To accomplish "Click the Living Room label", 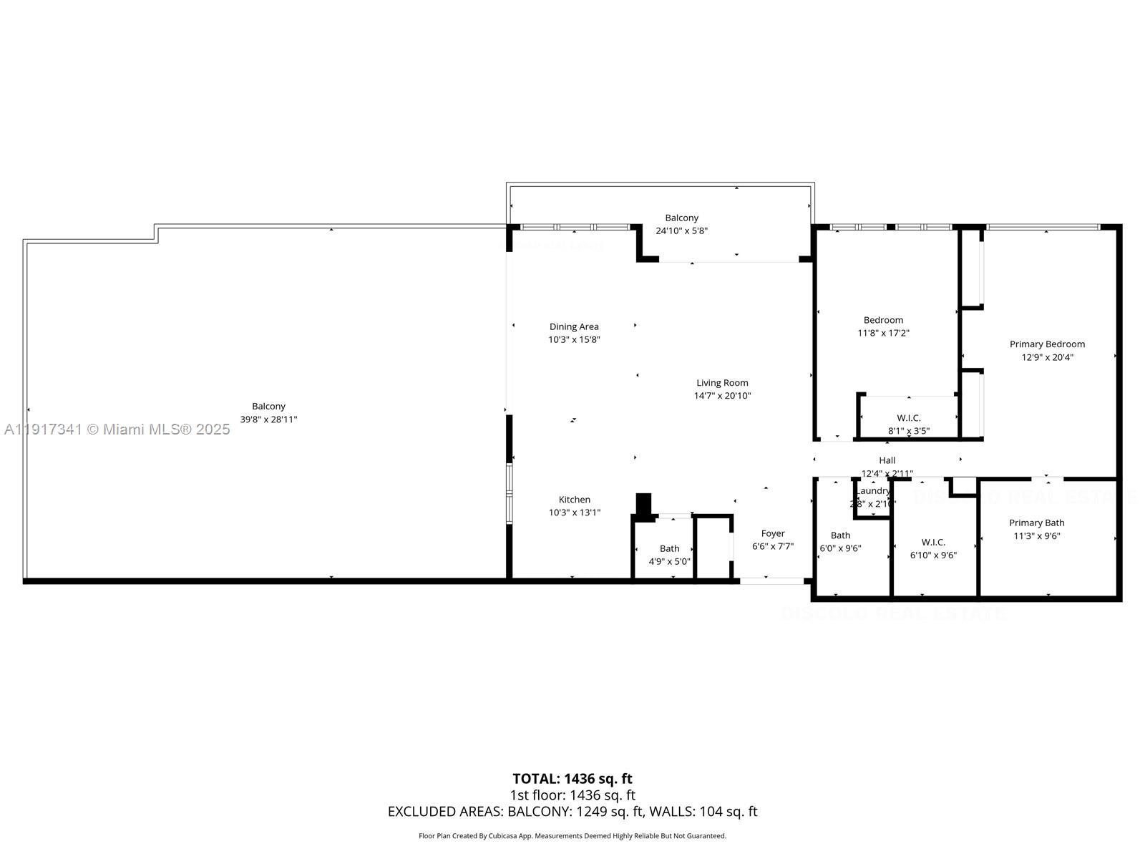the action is click(722, 383).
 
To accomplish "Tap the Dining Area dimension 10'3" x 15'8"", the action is click(574, 340).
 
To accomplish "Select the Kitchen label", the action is click(575, 500).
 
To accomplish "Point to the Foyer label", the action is click(773, 533).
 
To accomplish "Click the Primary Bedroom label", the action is click(1047, 344).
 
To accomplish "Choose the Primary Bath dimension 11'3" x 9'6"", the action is click(1037, 536).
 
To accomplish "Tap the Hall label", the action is click(887, 460).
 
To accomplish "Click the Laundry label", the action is click(874, 491).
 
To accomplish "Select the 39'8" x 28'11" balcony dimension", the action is click(268, 419).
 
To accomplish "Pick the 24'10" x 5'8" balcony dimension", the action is click(682, 230).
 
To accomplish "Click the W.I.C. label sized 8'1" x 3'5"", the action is click(909, 418).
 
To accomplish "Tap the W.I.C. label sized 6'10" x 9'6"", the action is click(933, 542).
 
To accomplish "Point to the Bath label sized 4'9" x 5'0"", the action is click(670, 549).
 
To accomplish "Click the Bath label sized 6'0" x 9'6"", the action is click(841, 535).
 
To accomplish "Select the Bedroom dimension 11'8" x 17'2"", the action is click(883, 333).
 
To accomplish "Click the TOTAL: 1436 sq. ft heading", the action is click(572, 779).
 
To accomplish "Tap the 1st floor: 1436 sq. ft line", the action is click(572, 795).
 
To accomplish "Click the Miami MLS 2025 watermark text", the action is click(117, 429).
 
